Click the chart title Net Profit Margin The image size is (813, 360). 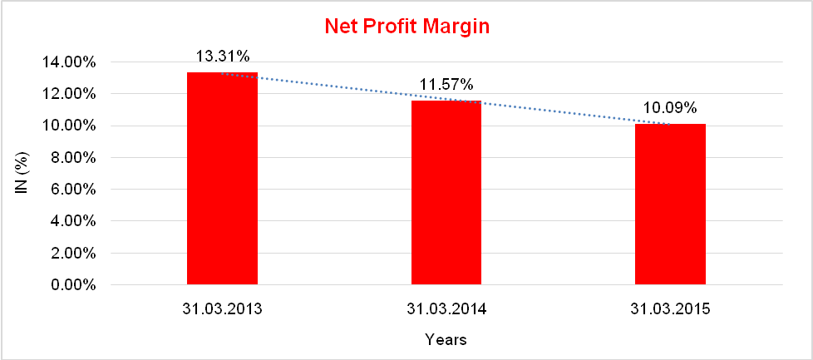click(x=406, y=27)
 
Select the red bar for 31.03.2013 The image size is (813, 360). click(x=222, y=179)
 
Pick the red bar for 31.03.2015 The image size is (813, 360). click(x=670, y=205)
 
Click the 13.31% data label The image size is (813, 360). click(x=222, y=57)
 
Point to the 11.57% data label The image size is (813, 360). click(x=446, y=84)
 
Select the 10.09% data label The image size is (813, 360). click(x=670, y=108)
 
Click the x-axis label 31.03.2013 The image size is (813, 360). click(x=222, y=309)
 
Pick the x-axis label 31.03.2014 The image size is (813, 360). click(x=446, y=309)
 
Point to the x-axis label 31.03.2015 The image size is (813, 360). click(x=670, y=309)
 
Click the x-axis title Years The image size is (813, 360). click(x=446, y=339)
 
